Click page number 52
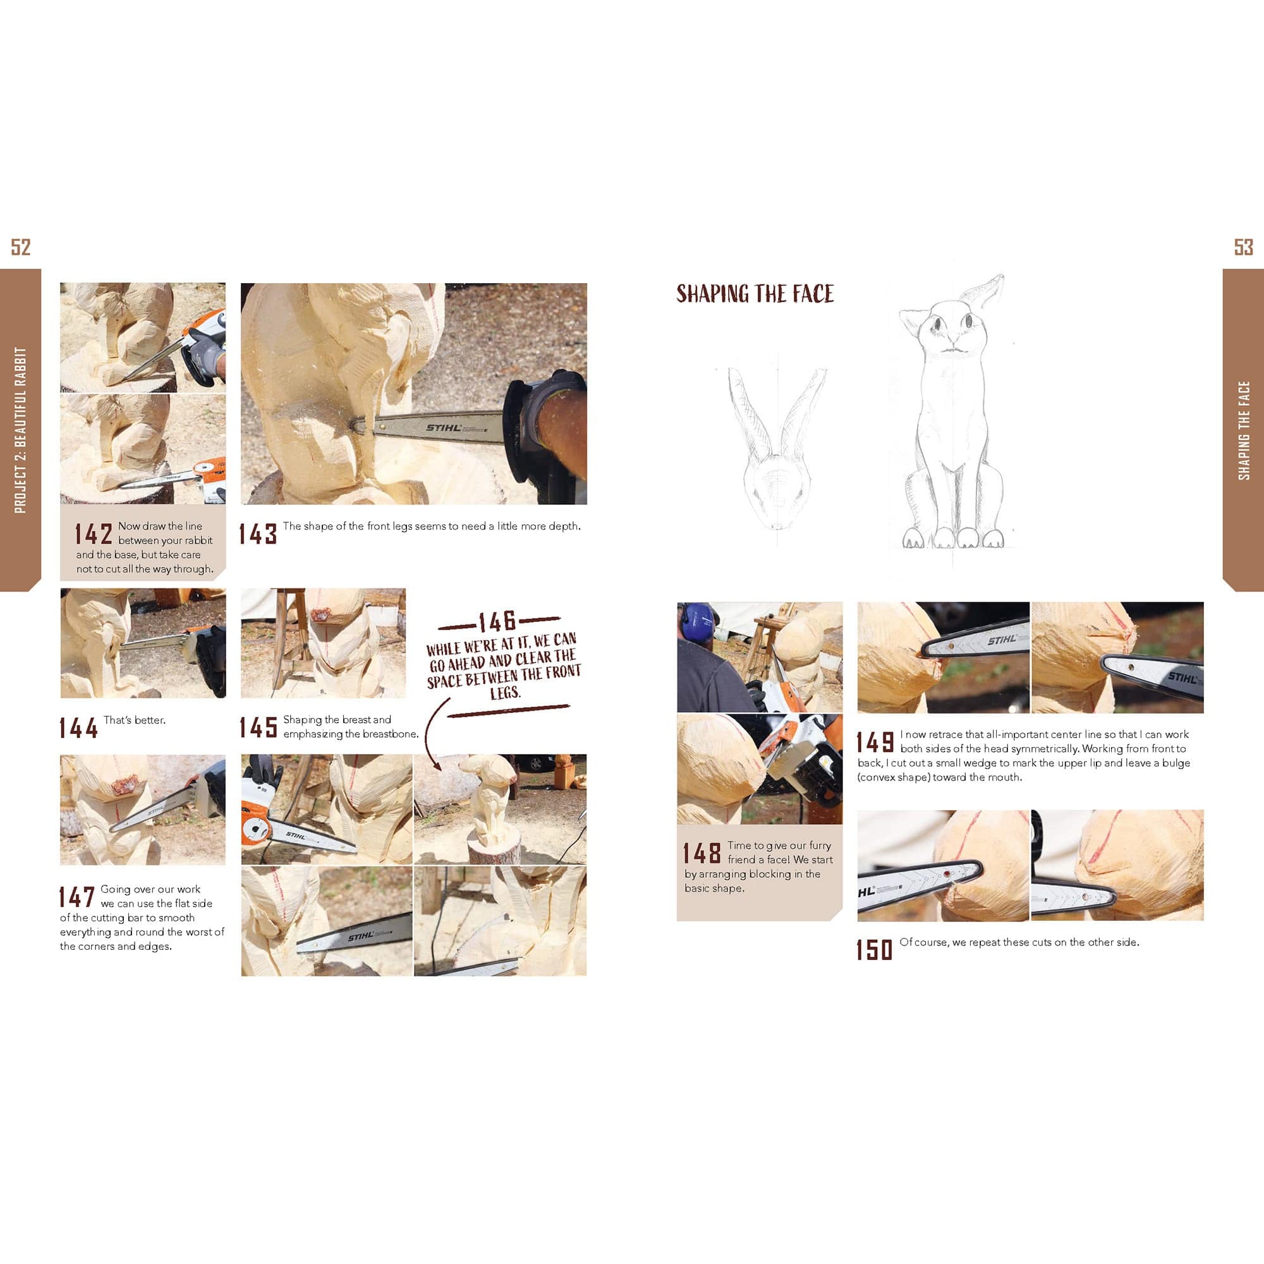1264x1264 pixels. (x=21, y=246)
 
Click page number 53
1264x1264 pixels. (x=1243, y=246)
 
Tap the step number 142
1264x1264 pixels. (x=94, y=534)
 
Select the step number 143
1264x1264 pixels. (x=258, y=534)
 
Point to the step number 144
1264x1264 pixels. (x=78, y=727)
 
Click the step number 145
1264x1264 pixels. (x=258, y=727)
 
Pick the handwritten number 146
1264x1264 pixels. (x=497, y=621)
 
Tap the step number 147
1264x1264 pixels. (x=77, y=896)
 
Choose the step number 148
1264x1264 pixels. (x=702, y=853)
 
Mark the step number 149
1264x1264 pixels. (x=875, y=742)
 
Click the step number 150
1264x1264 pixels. (x=875, y=949)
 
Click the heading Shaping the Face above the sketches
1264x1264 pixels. (x=755, y=294)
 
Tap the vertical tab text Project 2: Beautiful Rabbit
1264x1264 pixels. (x=20, y=430)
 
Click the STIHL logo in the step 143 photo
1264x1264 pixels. (x=444, y=428)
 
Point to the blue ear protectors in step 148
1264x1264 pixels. (x=698, y=621)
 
